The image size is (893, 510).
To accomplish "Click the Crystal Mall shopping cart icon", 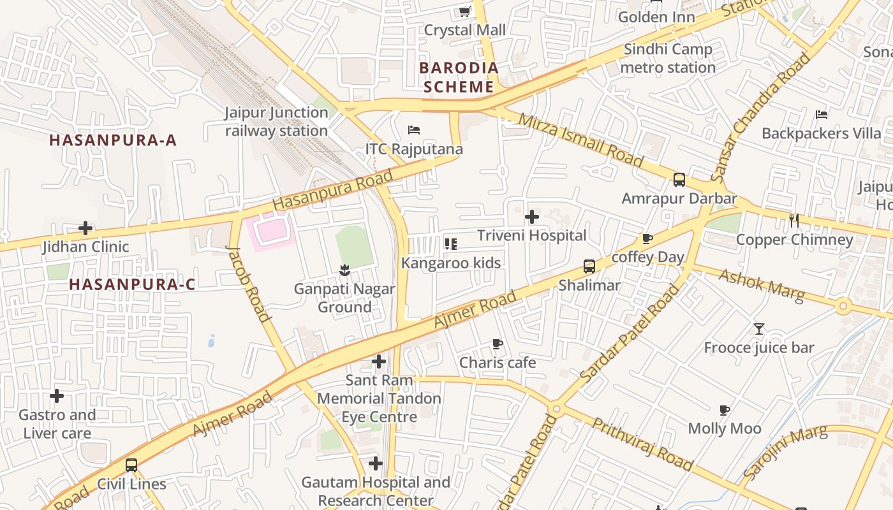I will point(465,11).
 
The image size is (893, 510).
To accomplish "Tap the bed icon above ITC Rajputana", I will point(414,130).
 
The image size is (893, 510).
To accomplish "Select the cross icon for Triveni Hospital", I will point(531,217).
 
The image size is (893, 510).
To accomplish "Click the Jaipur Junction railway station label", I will point(276,122).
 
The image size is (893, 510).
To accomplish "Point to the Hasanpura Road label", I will point(333,189).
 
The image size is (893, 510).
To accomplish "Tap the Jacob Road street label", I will point(248,283).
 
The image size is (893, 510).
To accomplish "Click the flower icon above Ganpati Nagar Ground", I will point(344,270).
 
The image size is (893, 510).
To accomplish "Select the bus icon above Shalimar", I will point(589,266).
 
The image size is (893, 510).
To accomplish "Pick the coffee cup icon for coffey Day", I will point(647,239).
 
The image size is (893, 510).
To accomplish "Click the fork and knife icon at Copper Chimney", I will point(794,221).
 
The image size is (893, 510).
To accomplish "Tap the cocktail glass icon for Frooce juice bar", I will point(759,329).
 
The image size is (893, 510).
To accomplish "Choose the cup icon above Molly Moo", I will point(724,410).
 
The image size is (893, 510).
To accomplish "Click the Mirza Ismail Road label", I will point(580,140).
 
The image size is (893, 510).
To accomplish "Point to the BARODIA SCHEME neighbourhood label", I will point(458,77).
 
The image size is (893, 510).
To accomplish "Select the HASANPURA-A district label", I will point(113,140).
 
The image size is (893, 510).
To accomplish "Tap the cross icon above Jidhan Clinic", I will point(85,228).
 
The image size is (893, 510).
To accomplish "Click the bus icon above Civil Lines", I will point(131,465).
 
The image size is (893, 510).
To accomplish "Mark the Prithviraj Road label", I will point(642,444).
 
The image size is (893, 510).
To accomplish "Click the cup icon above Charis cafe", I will point(498,344).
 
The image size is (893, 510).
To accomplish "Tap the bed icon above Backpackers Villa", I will point(822,115).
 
